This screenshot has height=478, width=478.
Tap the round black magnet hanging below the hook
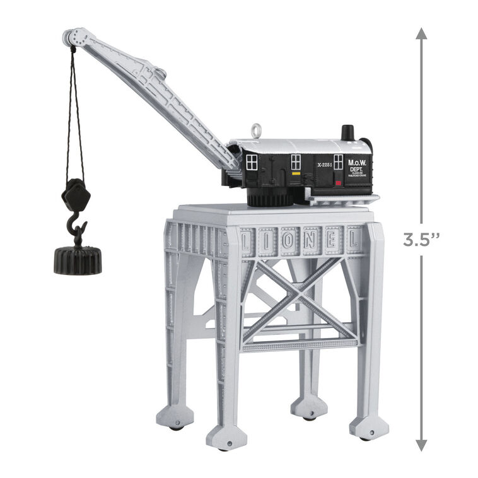click(78, 259)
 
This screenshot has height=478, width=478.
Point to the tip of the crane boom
click(70, 35)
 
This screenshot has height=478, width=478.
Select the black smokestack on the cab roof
click(347, 134)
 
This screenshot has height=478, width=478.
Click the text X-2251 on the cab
click(325, 164)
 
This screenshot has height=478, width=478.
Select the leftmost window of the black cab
click(252, 163)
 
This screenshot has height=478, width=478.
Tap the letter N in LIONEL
click(311, 240)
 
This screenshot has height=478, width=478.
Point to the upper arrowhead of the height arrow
click(421, 33)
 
